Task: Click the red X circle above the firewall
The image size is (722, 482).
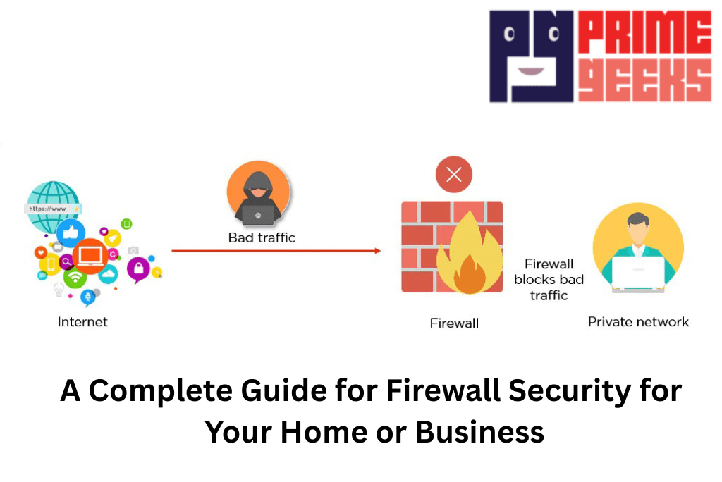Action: coord(453,175)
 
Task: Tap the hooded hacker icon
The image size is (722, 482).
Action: coord(258,193)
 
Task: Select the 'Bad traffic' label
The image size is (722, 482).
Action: coord(262,237)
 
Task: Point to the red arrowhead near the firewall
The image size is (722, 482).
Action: coord(377,250)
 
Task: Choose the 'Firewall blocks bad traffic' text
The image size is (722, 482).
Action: coord(549,280)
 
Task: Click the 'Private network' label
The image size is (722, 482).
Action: coord(638,322)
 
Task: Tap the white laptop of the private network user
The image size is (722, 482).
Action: coord(638,272)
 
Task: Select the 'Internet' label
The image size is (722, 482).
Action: coord(82,322)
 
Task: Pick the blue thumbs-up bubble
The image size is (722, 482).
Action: coord(71,233)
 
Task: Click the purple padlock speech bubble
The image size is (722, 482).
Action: coord(138,268)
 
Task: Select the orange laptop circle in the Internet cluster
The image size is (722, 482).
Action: coord(90,255)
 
